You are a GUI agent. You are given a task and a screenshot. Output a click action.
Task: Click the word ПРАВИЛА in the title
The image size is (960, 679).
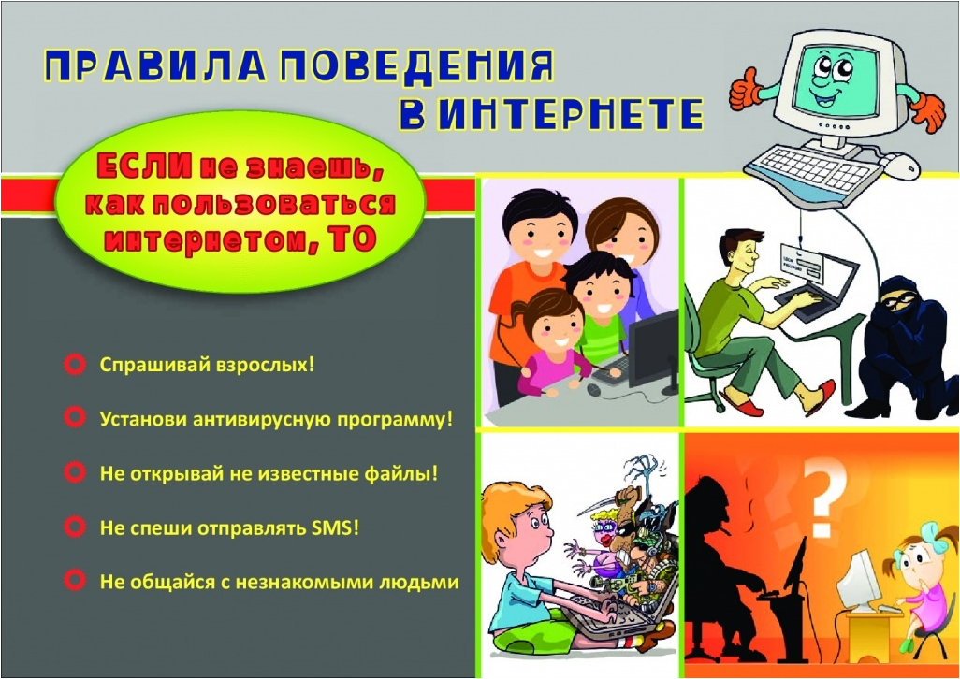154,65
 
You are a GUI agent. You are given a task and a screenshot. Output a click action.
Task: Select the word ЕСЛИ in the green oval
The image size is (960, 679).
144,166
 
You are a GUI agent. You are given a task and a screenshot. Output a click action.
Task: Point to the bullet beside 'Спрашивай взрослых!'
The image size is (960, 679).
75,365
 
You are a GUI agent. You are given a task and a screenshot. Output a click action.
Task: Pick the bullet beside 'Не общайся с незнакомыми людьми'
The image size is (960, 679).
75,580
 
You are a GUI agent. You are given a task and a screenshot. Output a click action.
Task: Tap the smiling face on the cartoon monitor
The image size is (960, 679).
836,79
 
